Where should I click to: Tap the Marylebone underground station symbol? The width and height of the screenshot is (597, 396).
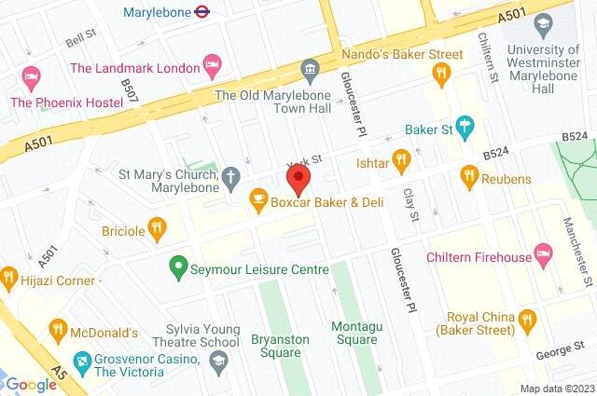click(200, 12)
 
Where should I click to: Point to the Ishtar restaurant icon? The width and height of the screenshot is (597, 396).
click(401, 160)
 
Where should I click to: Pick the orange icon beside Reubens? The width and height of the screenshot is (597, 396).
click(469, 175)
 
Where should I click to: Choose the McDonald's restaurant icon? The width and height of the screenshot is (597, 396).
click(58, 329)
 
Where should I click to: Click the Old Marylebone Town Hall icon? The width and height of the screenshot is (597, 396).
click(310, 68)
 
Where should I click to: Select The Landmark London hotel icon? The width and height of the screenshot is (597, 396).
click(213, 67)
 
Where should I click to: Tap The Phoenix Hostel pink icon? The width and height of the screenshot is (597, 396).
click(29, 74)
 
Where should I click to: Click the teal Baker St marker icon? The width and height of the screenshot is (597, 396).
click(465, 130)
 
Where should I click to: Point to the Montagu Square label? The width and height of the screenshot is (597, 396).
click(355, 333)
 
